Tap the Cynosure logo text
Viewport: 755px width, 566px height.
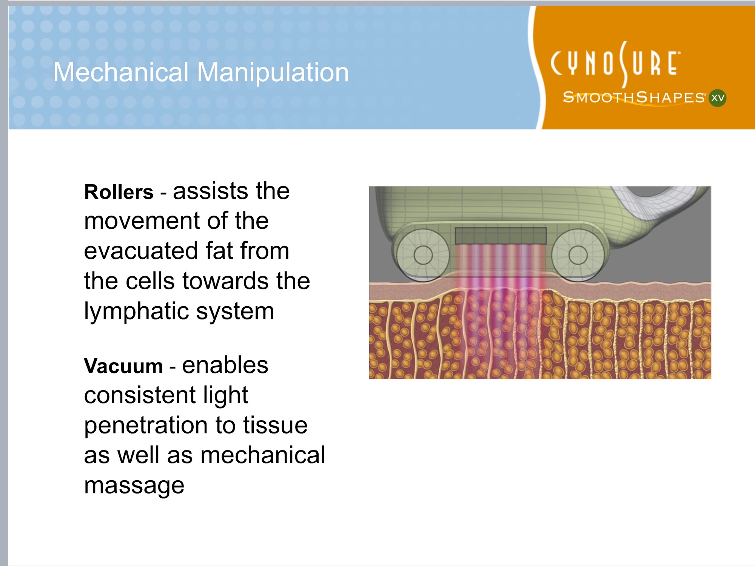(x=615, y=64)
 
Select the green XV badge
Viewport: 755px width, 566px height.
(x=717, y=98)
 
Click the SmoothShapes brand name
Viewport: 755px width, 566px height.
(x=634, y=97)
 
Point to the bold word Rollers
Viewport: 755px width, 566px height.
(x=119, y=192)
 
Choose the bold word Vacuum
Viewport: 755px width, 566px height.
(x=123, y=366)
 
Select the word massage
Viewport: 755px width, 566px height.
(x=134, y=486)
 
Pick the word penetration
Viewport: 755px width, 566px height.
(x=146, y=425)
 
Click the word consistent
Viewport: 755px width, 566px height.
(x=139, y=395)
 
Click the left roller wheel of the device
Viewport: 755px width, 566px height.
(x=423, y=255)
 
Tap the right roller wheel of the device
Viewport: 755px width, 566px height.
(x=578, y=255)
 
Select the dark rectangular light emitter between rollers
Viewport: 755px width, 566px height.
(x=501, y=236)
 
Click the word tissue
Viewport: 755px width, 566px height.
(x=275, y=425)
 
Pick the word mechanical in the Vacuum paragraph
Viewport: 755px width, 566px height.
(x=263, y=455)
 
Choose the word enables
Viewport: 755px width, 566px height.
(x=225, y=365)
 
